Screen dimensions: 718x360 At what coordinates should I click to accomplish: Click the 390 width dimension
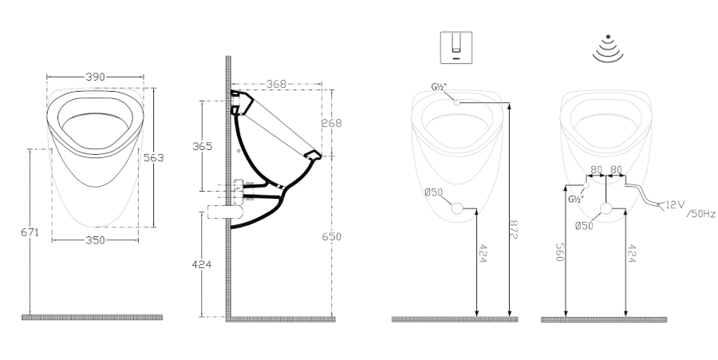(x=95, y=77)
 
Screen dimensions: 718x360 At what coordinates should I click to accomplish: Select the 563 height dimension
(x=153, y=157)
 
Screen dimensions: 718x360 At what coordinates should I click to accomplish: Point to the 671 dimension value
(x=30, y=232)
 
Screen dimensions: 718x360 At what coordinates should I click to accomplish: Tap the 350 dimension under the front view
(x=95, y=240)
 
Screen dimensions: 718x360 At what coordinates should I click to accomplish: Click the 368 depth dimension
(x=276, y=84)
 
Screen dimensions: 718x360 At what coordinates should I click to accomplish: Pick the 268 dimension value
(x=332, y=123)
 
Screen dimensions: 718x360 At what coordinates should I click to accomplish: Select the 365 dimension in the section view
(x=202, y=146)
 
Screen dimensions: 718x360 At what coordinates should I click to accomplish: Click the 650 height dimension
(x=332, y=237)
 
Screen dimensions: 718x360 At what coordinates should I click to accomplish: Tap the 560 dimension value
(x=559, y=252)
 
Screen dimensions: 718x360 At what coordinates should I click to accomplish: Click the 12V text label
(x=674, y=204)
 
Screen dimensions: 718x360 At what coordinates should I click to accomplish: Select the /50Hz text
(x=700, y=214)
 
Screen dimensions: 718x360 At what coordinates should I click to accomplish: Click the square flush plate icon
(x=456, y=47)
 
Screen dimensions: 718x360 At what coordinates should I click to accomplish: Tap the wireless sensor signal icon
(x=608, y=48)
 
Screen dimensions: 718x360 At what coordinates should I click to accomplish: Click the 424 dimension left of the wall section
(x=202, y=264)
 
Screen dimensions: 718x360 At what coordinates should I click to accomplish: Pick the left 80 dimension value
(x=596, y=169)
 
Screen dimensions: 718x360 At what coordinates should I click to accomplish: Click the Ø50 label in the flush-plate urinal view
(x=434, y=192)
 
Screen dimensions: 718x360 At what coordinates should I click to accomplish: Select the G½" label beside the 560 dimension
(x=576, y=199)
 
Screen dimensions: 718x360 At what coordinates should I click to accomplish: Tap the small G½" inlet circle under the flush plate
(x=456, y=103)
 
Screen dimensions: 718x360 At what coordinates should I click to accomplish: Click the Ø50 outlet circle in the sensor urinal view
(x=606, y=209)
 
